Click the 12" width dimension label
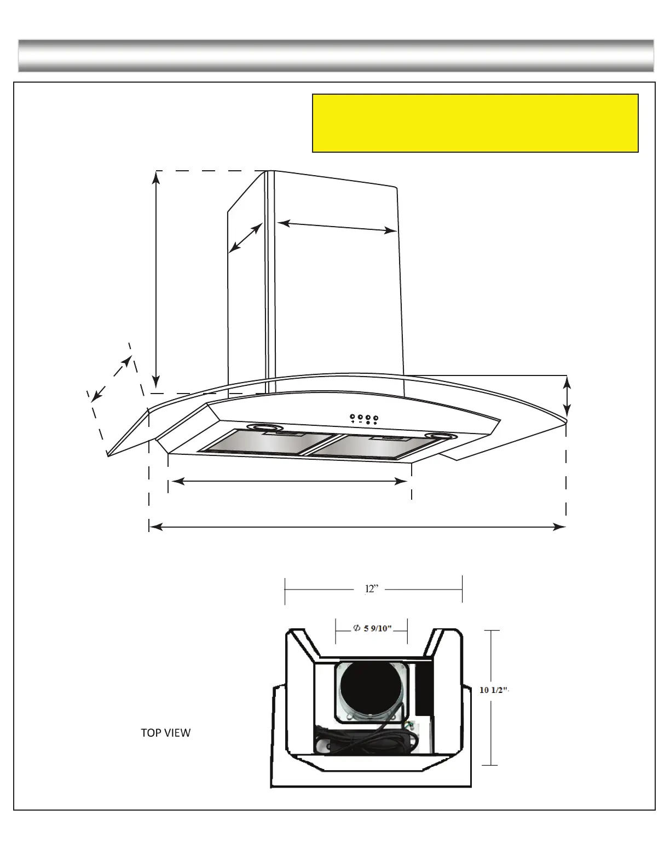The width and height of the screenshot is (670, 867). click(372, 589)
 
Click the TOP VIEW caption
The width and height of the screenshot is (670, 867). click(166, 733)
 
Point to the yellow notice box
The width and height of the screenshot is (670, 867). click(475, 123)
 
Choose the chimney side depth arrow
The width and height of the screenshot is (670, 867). click(245, 239)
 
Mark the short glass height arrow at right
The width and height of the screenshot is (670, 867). click(567, 396)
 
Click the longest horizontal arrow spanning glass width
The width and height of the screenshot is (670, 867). click(357, 527)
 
